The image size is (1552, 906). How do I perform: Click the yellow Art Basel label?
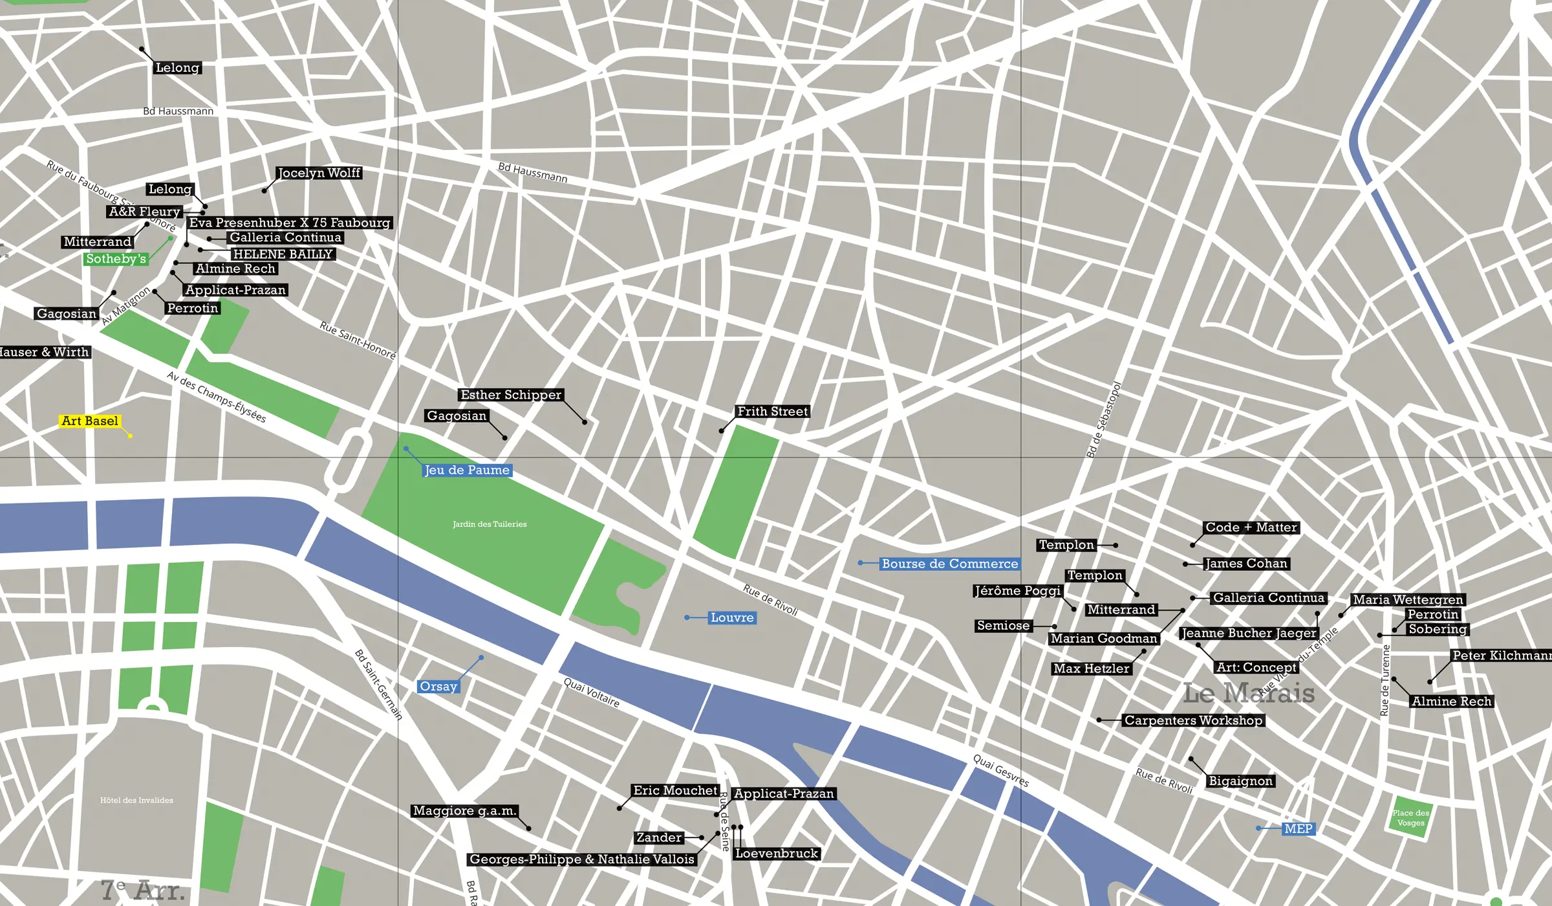point(90,421)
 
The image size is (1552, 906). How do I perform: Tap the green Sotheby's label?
point(116,259)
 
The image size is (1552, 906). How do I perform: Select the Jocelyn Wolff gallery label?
point(319,173)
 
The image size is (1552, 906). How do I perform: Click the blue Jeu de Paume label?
point(467,470)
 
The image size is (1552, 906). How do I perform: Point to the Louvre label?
point(732,618)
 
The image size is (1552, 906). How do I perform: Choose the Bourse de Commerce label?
point(949,564)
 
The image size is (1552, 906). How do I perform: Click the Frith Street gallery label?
point(772,412)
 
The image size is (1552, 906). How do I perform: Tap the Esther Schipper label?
point(511,395)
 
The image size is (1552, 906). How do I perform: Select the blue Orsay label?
point(438,687)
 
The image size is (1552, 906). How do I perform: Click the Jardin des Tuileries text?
point(490,524)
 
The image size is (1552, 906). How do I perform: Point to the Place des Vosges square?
point(1410,818)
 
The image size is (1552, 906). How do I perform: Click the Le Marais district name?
point(1248,694)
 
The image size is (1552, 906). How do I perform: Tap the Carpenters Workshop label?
point(1192,720)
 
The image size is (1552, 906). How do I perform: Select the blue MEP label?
point(1298,829)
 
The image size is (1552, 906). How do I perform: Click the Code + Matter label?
point(1251,527)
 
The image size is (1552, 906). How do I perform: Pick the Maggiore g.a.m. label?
point(464,811)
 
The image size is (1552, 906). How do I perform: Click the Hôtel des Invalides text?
point(136,801)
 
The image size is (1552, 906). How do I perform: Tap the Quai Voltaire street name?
point(591,692)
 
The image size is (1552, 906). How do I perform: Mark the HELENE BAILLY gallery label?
point(283,254)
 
